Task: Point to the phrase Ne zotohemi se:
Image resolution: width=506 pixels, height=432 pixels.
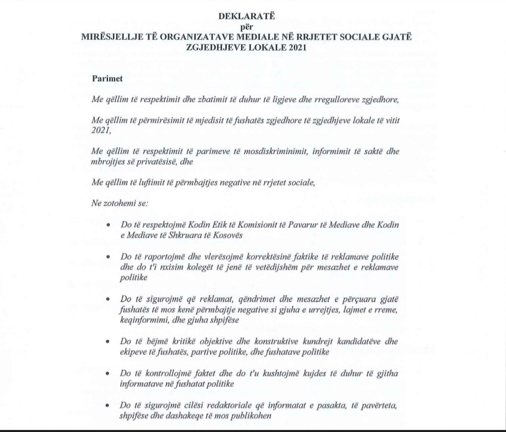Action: pos(120,203)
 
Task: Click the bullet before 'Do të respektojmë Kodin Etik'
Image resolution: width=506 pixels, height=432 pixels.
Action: pos(108,226)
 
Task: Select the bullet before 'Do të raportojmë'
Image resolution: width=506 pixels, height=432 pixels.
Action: pos(108,257)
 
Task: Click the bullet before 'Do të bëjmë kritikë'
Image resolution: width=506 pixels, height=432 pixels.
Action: pos(108,342)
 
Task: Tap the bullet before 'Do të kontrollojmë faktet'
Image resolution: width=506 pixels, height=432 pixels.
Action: pos(108,373)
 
